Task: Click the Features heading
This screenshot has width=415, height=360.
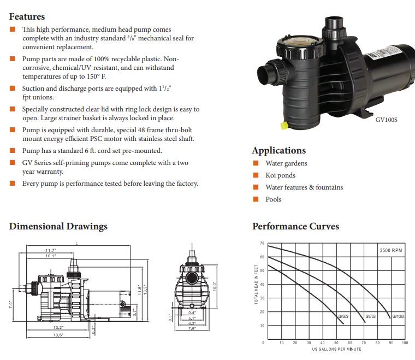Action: tap(27, 16)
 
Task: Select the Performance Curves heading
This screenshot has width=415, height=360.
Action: tap(295, 226)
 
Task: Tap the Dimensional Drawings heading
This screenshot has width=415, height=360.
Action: tap(58, 226)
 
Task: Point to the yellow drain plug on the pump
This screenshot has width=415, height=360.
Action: tap(284, 126)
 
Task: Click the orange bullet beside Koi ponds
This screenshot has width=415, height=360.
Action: tap(255, 175)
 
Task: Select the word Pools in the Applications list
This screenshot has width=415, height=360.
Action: tap(274, 199)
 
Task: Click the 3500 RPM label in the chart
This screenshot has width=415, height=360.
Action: tap(391, 250)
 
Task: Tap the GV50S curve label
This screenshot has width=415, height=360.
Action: tap(343, 316)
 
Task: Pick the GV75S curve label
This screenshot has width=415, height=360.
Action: tap(370, 316)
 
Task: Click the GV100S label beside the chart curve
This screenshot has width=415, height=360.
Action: tap(398, 316)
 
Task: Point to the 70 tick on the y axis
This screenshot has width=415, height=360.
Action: tap(262, 243)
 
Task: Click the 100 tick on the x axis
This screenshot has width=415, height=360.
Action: tap(405, 343)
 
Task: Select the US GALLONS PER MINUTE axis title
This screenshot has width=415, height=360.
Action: tap(336, 349)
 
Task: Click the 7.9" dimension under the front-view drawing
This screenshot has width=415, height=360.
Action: tap(192, 329)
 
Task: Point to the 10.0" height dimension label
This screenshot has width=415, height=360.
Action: tap(215, 286)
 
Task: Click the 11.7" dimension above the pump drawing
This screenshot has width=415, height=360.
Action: tap(51, 250)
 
